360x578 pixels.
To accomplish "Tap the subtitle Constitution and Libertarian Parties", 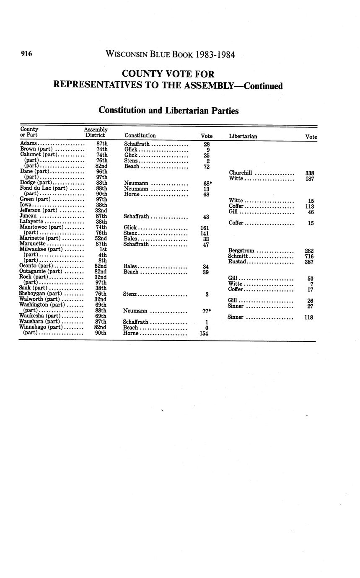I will coord(168,111).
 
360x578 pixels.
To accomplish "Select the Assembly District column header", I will coord(96,132).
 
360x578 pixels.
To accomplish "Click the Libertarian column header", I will coord(243,136).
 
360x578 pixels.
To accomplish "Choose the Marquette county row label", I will coord(34,244).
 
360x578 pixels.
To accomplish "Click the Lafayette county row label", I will coord(32,222).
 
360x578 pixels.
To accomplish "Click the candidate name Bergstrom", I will coord(241,250).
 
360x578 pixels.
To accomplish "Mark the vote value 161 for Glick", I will coord(205,228).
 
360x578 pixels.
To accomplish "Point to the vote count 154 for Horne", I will coord(204,334).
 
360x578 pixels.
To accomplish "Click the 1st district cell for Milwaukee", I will coord(103,250).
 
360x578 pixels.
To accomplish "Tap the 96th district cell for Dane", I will coord(102,172).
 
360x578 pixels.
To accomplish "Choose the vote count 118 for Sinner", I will coord(309,317).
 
